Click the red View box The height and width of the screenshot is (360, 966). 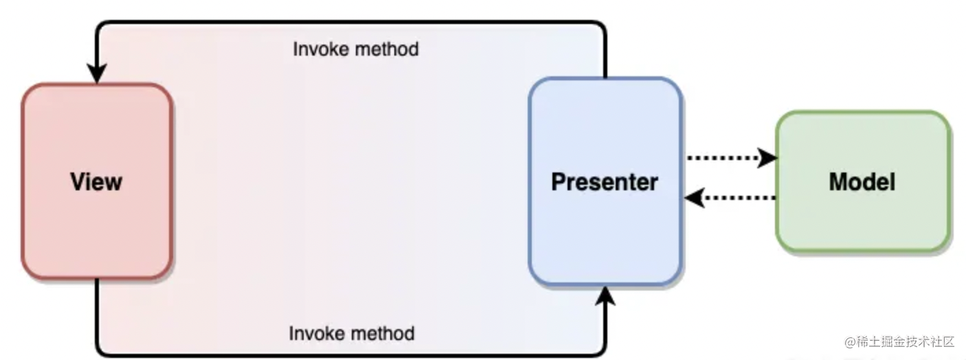(96, 181)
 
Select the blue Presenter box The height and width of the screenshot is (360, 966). (605, 181)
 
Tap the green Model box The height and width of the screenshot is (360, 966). (863, 181)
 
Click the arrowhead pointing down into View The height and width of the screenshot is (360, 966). (96, 74)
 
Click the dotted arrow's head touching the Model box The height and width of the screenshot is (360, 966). (767, 157)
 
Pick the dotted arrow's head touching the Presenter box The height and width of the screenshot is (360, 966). (695, 198)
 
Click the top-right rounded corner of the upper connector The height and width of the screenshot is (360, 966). (600, 27)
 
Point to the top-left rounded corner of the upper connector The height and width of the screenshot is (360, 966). (101, 27)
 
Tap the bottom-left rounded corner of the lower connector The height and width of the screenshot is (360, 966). (101, 350)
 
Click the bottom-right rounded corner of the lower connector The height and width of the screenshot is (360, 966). (600, 350)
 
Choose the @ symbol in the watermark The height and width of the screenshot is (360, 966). (850, 341)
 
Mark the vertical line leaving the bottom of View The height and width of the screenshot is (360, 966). (96, 309)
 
